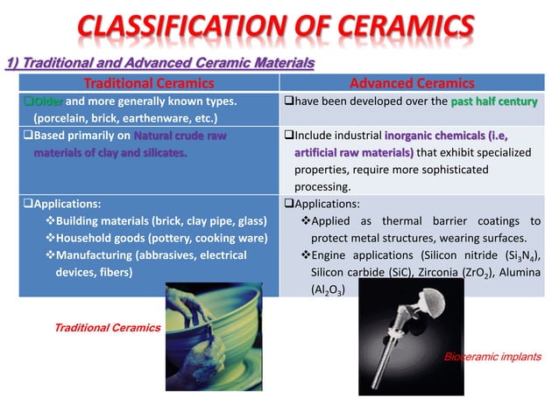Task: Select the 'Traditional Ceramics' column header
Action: [x=148, y=84]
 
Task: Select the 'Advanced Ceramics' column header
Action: [x=412, y=84]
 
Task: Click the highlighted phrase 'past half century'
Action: [x=494, y=101]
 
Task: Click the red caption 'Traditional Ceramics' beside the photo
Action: [x=108, y=328]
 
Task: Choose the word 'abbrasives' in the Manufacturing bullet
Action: [x=161, y=255]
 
